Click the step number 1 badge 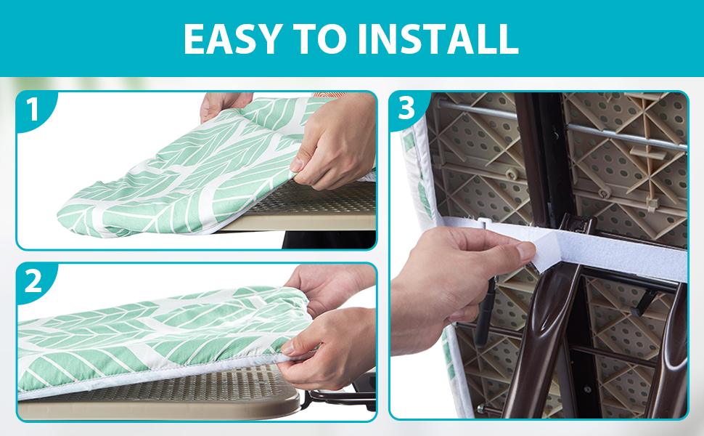pos(32,110)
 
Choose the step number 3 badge pos(406,109)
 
